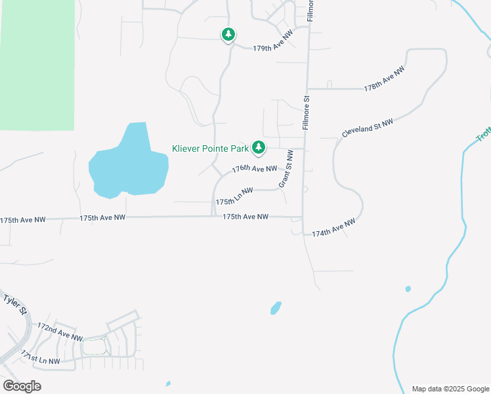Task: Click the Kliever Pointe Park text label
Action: pyautogui.click(x=210, y=149)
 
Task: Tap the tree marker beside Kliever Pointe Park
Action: pyautogui.click(x=259, y=148)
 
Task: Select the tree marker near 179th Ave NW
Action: pyautogui.click(x=228, y=34)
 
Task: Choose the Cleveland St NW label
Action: pyautogui.click(x=367, y=128)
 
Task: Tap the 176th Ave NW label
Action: pyautogui.click(x=255, y=169)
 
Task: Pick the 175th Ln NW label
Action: pyautogui.click(x=234, y=197)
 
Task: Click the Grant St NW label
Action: pyautogui.click(x=286, y=168)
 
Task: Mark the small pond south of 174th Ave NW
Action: pyautogui.click(x=276, y=307)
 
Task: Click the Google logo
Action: pyautogui.click(x=22, y=385)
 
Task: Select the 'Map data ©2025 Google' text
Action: pyautogui.click(x=450, y=389)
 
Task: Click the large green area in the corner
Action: pyautogui.click(x=37, y=62)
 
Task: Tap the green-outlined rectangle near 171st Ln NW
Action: pyautogui.click(x=94, y=346)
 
